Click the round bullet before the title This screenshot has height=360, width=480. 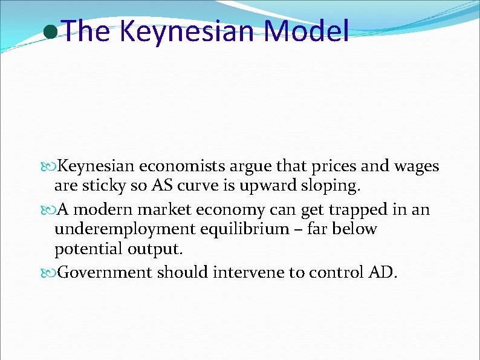pyautogui.click(x=52, y=32)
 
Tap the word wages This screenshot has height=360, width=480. pyautogui.click(x=417, y=166)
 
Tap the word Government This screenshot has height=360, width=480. pyautogui.click(x=105, y=272)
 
